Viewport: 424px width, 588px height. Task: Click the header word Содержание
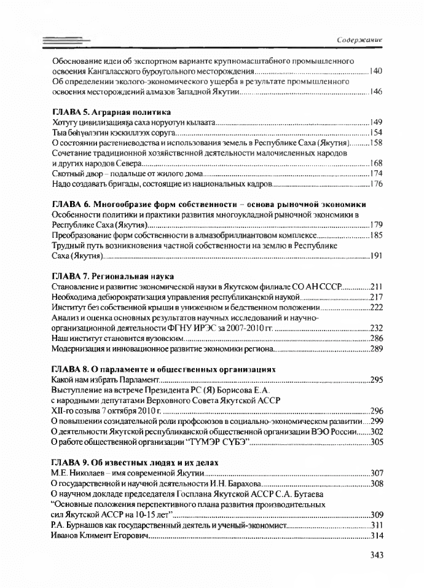tap(361, 39)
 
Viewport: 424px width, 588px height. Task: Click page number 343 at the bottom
tap(378, 556)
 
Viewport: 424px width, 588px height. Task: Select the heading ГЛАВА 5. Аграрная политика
tap(111, 112)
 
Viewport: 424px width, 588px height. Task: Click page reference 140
tap(377, 72)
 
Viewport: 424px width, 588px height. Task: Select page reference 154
tap(377, 133)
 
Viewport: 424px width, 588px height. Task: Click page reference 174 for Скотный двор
tap(377, 173)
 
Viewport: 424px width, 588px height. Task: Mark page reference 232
tap(377, 328)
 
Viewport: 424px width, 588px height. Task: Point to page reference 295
tap(377, 380)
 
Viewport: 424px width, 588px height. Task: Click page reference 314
tap(377, 535)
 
